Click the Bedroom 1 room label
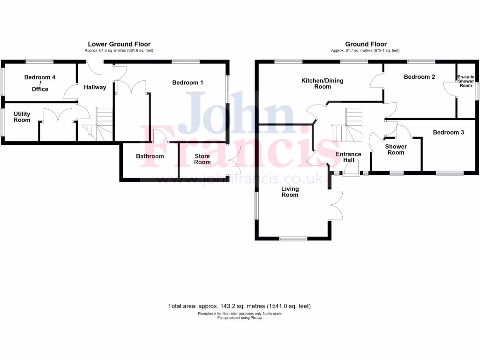(187, 83)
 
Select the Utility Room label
(22, 117)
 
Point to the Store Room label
(202, 159)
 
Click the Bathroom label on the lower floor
(150, 156)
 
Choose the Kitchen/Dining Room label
(322, 83)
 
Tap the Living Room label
(290, 192)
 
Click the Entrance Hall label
(349, 157)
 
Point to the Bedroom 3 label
(448, 133)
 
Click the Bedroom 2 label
(420, 77)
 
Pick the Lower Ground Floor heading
(119, 45)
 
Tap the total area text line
(240, 306)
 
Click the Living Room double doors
(336, 205)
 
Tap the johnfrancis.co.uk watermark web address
(239, 179)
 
